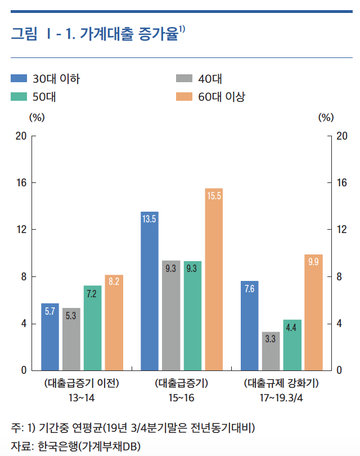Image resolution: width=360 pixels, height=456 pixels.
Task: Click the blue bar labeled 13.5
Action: (149, 291)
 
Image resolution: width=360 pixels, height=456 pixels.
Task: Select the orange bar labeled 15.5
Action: (214, 279)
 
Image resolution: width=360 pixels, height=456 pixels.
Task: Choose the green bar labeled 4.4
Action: (292, 345)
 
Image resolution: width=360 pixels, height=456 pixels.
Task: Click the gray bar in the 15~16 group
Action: (171, 315)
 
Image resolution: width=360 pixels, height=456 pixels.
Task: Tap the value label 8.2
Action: (114, 281)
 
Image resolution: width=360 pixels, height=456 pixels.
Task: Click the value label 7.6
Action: (249, 289)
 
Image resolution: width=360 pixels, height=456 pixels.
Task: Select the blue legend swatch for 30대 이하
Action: (19, 79)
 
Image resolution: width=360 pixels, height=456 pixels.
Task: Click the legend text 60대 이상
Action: (222, 97)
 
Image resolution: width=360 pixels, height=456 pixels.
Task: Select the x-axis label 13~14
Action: (82, 398)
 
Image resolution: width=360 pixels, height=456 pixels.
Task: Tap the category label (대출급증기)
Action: (181, 385)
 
